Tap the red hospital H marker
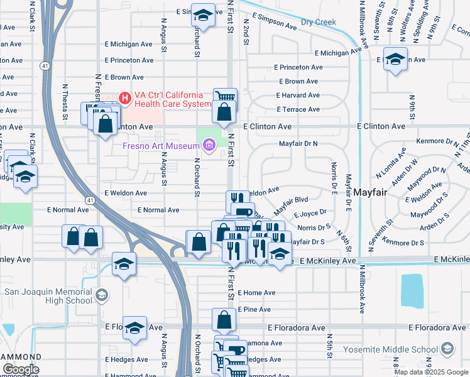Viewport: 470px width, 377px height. point(124,98)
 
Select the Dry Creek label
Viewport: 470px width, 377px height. point(319,22)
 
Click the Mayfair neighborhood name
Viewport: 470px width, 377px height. point(373,192)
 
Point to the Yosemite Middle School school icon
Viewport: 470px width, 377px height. point(447,349)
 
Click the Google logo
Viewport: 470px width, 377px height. point(21,369)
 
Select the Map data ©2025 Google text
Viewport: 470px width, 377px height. point(431,372)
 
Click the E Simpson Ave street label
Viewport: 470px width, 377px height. point(274,22)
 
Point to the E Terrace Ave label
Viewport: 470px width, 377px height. point(298,109)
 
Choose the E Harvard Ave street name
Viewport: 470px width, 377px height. point(298,96)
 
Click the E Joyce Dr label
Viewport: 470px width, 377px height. point(314,214)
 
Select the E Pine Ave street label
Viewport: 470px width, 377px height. point(254,310)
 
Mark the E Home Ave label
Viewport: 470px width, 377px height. point(256,293)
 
